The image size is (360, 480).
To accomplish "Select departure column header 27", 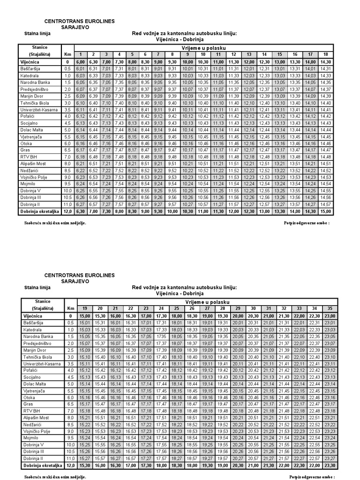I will point(207,308).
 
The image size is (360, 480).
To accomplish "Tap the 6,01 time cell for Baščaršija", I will point(80,68).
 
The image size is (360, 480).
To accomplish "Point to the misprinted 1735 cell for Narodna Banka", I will point(161,336).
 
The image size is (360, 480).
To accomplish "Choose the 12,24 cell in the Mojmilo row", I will point(249,184).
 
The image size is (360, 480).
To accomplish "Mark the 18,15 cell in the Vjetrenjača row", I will point(177,390).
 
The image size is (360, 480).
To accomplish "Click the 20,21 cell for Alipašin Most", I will point(238,417).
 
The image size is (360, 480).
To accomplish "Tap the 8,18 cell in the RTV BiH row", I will point(132,157).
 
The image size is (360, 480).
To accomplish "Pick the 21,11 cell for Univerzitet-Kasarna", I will point(268,363).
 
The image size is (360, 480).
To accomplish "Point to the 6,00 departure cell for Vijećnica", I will point(80,61).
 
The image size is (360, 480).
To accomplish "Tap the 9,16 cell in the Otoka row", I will point(158,143).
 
